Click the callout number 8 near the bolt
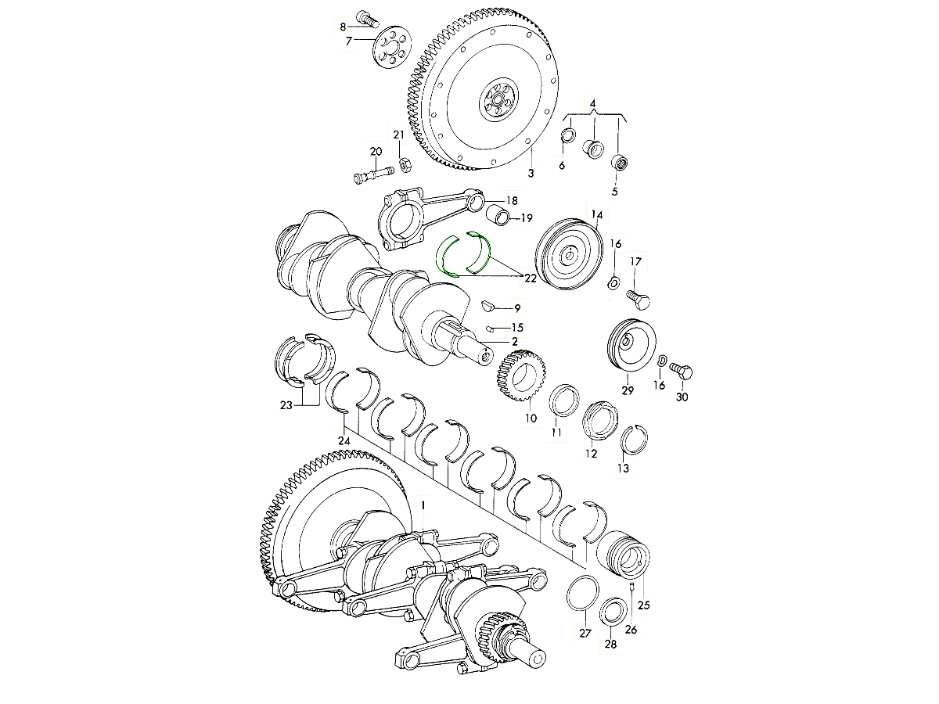click(x=343, y=27)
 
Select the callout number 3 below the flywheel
click(x=531, y=173)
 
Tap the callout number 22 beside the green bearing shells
click(x=530, y=278)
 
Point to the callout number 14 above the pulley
click(x=597, y=214)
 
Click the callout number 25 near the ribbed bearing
click(x=643, y=605)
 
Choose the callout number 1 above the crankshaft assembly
click(x=423, y=505)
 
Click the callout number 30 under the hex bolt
click(x=682, y=397)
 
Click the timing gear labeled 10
click(x=521, y=375)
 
